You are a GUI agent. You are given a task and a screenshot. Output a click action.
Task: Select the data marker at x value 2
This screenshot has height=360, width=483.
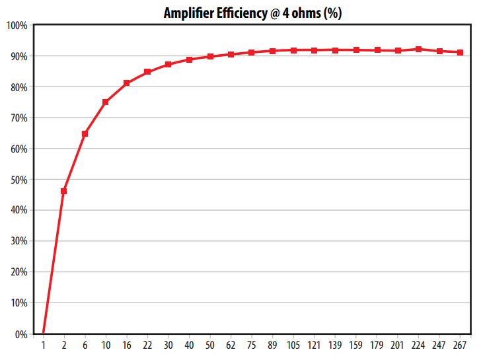pos(64,191)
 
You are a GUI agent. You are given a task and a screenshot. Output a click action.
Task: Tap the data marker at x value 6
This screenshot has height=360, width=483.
pos(85,133)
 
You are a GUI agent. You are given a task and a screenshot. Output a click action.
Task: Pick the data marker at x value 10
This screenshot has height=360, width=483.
pos(106,102)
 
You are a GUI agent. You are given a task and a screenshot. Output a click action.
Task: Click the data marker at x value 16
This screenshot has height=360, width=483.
pos(127,83)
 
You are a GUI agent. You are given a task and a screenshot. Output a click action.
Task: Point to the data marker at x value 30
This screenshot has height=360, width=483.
pos(168,65)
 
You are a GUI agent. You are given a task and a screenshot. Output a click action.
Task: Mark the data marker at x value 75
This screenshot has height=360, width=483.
pos(252,52)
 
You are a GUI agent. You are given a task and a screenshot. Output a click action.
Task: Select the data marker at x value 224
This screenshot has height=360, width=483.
pos(419,49)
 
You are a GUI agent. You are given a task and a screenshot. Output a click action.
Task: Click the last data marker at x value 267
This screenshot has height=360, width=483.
pos(461,52)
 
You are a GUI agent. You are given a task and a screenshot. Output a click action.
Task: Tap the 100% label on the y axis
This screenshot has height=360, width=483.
pos(17,25)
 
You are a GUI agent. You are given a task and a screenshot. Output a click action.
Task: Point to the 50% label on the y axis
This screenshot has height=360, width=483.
pos(18,180)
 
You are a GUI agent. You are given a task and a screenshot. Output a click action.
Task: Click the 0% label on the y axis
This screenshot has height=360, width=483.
pos(20,334)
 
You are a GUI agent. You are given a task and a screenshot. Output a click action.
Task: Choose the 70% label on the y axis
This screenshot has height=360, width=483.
pos(18,118)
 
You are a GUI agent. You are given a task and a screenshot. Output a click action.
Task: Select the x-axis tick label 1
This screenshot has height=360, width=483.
pos(44,346)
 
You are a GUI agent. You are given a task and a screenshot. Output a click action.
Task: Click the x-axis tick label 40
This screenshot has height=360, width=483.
pos(189,346)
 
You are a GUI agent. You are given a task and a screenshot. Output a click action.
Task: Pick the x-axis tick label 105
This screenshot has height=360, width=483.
pos(293,346)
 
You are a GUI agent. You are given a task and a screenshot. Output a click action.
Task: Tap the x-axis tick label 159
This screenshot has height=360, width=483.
pos(356,346)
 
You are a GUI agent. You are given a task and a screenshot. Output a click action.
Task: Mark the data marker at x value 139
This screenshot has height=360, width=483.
pos(336,50)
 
